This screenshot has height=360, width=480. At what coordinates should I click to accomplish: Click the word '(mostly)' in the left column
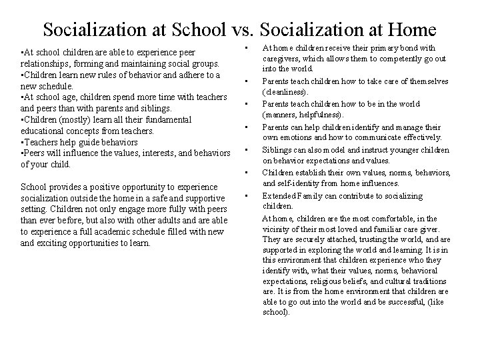[70, 119]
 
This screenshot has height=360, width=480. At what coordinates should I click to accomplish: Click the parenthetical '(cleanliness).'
[286, 91]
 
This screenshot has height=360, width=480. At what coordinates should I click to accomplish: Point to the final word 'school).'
[277, 311]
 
